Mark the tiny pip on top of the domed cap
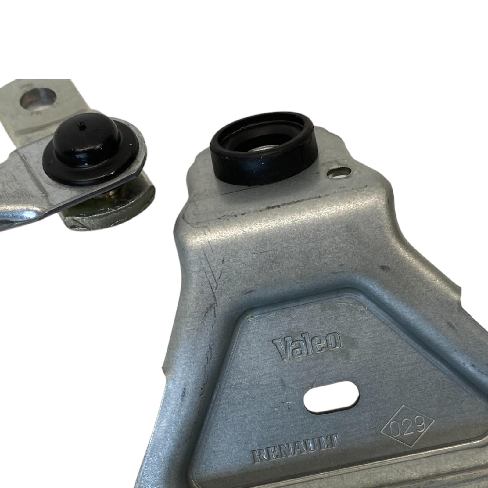81,124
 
